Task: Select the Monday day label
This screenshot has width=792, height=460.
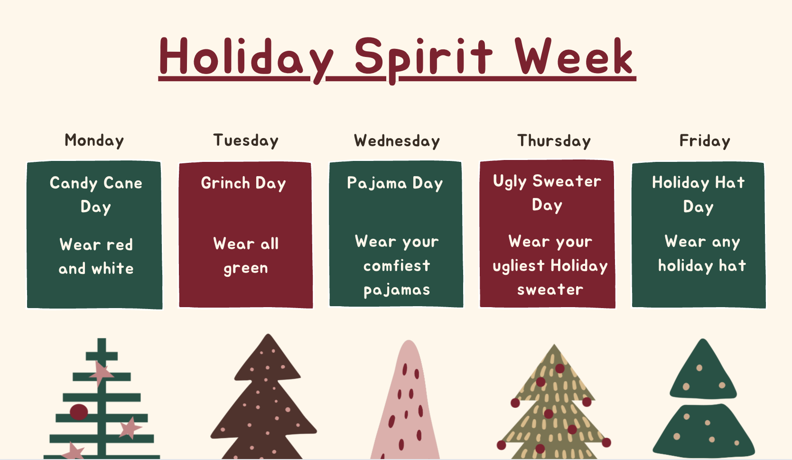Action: (x=94, y=141)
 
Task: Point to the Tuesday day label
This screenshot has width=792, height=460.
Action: (x=246, y=141)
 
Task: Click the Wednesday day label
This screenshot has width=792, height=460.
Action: (x=397, y=141)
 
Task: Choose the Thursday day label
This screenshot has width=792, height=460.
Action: (x=554, y=141)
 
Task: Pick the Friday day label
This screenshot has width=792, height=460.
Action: (x=705, y=141)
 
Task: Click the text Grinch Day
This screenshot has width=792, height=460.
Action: (x=243, y=183)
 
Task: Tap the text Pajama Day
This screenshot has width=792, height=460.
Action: (x=395, y=183)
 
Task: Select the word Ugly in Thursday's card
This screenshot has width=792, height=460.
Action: (x=510, y=181)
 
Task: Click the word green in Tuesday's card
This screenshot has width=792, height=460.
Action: (x=246, y=268)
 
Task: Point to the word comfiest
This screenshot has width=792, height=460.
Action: (x=397, y=265)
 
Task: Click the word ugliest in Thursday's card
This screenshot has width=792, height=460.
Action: (x=518, y=266)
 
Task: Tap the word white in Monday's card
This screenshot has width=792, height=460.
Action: (x=112, y=269)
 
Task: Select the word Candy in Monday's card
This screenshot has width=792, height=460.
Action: (x=74, y=183)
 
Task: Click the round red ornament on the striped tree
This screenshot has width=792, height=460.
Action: (x=79, y=412)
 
